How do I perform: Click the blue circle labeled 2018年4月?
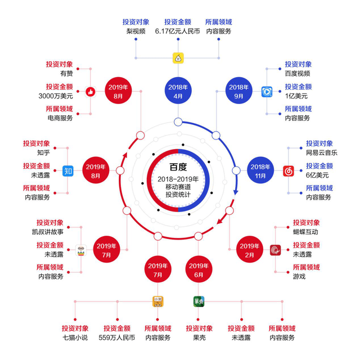(x=178, y=91)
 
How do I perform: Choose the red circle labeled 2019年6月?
(x=198, y=269)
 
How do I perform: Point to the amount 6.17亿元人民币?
(x=178, y=31)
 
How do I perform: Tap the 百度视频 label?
(x=298, y=73)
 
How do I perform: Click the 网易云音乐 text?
(x=322, y=152)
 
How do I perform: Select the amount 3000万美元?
(x=60, y=96)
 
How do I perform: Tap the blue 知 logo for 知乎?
(x=68, y=170)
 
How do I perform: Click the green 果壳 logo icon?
(x=199, y=301)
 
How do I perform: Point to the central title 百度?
(x=178, y=167)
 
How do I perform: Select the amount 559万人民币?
(x=116, y=337)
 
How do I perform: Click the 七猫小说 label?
(x=75, y=337)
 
